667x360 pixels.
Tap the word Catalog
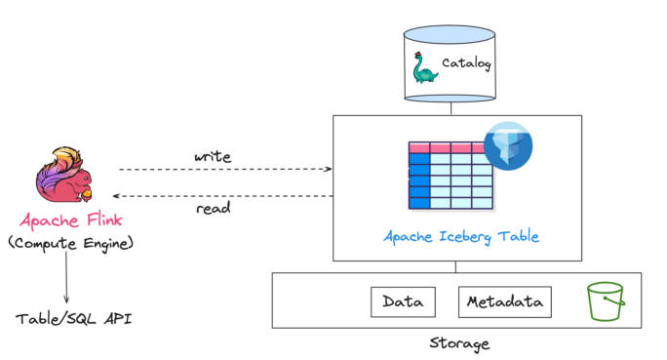(467, 66)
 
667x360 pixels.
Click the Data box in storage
(403, 301)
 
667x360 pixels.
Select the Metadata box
(504, 301)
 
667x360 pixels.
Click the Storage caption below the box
(459, 343)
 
